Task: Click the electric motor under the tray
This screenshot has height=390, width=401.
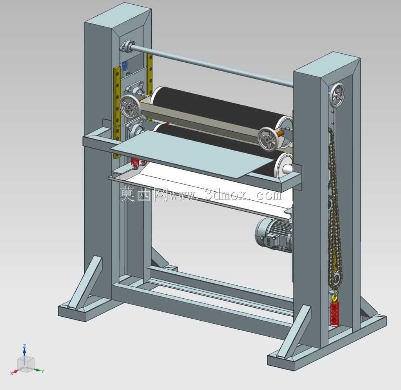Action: coord(274,234)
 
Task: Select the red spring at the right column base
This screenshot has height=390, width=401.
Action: coord(334,314)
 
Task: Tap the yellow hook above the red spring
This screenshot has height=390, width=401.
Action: coord(334,297)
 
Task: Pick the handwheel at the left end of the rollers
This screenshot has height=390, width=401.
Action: coord(129,107)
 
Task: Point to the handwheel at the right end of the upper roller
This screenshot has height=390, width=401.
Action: coord(267,138)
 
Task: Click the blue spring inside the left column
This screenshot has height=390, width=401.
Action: coord(125,66)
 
